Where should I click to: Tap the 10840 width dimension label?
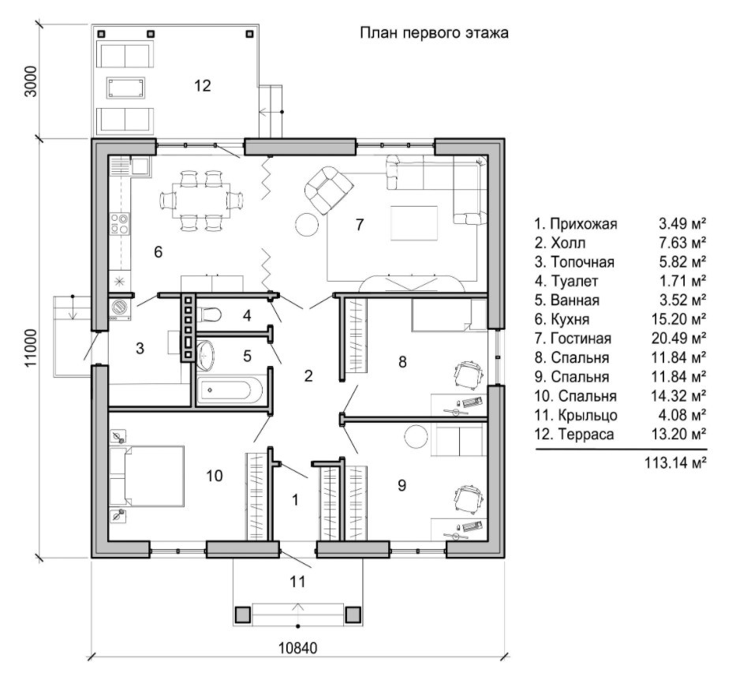297,648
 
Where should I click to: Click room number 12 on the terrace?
203,85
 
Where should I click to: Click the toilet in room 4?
211,314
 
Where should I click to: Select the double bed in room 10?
146,476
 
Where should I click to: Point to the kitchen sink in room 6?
140,165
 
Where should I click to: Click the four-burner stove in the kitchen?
120,223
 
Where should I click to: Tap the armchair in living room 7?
327,189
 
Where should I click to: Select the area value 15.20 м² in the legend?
679,319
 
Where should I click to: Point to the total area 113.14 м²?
675,463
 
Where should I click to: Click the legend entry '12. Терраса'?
574,435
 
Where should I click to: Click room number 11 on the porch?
297,581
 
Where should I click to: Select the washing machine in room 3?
120,308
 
